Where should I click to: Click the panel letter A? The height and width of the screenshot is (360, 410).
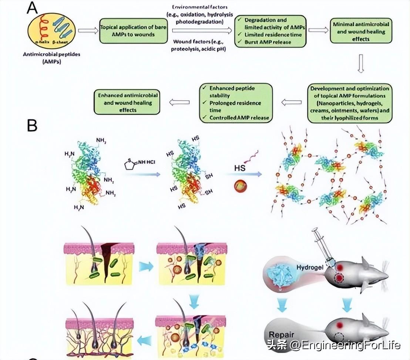[32, 8]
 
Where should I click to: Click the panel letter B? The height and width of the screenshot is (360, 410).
[32, 126]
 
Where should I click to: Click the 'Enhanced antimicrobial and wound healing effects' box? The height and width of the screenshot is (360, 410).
[128, 103]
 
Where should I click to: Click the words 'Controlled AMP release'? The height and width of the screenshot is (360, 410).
[235, 118]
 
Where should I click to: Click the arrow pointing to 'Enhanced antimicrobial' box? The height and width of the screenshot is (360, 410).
[179, 102]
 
